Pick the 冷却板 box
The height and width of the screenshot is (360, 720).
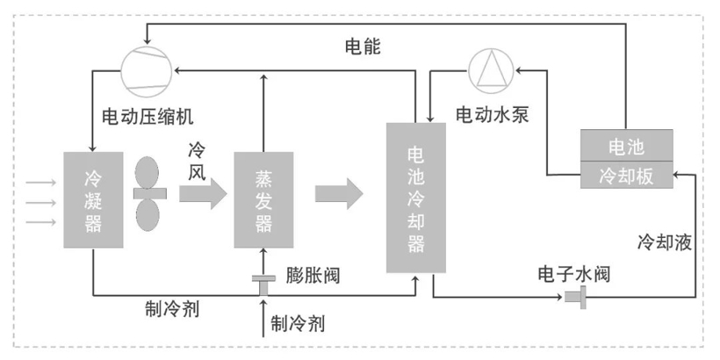pyautogui.click(x=626, y=175)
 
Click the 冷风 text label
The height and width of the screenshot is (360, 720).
pyautogui.click(x=198, y=164)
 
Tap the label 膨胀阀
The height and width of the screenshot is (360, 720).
pyautogui.click(x=313, y=277)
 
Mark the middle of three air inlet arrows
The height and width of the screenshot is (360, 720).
pyautogui.click(x=40, y=201)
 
